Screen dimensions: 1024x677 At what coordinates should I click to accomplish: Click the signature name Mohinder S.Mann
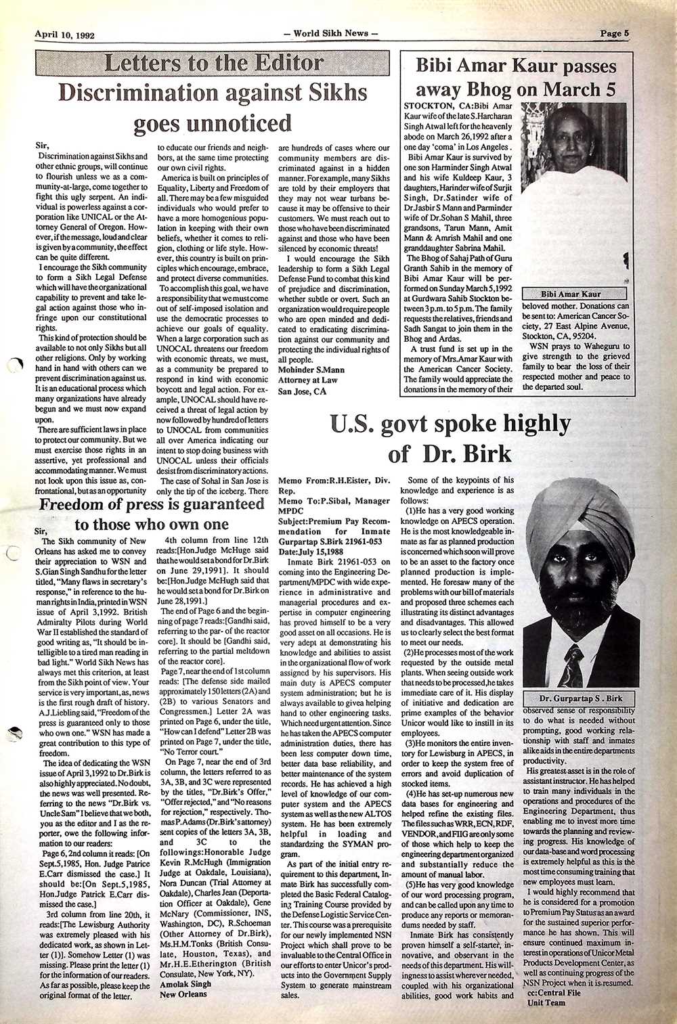311,370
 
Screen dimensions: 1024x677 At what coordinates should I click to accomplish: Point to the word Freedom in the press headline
77,505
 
